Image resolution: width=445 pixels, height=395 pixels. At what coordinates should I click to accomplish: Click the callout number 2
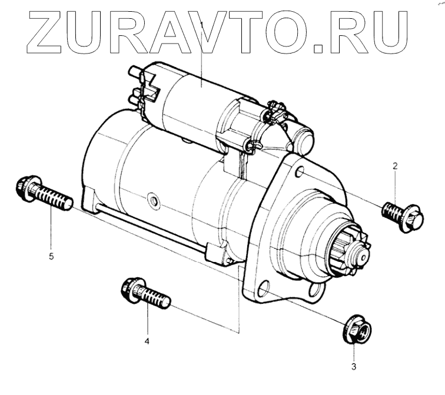coord(395,167)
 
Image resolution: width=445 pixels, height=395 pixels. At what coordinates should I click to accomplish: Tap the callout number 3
coord(353,369)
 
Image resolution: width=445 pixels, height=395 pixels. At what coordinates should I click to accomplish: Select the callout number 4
coord(147,341)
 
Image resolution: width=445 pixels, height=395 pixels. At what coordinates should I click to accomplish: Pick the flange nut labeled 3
coord(356,331)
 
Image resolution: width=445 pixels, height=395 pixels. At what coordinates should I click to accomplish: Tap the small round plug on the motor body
coord(154,202)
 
